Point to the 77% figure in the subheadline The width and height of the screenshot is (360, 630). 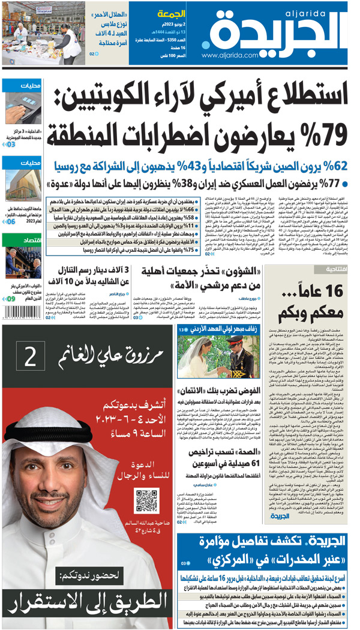334,182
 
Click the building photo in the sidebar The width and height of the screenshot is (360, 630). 23,187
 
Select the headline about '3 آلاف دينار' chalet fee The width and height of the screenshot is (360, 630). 91,278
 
